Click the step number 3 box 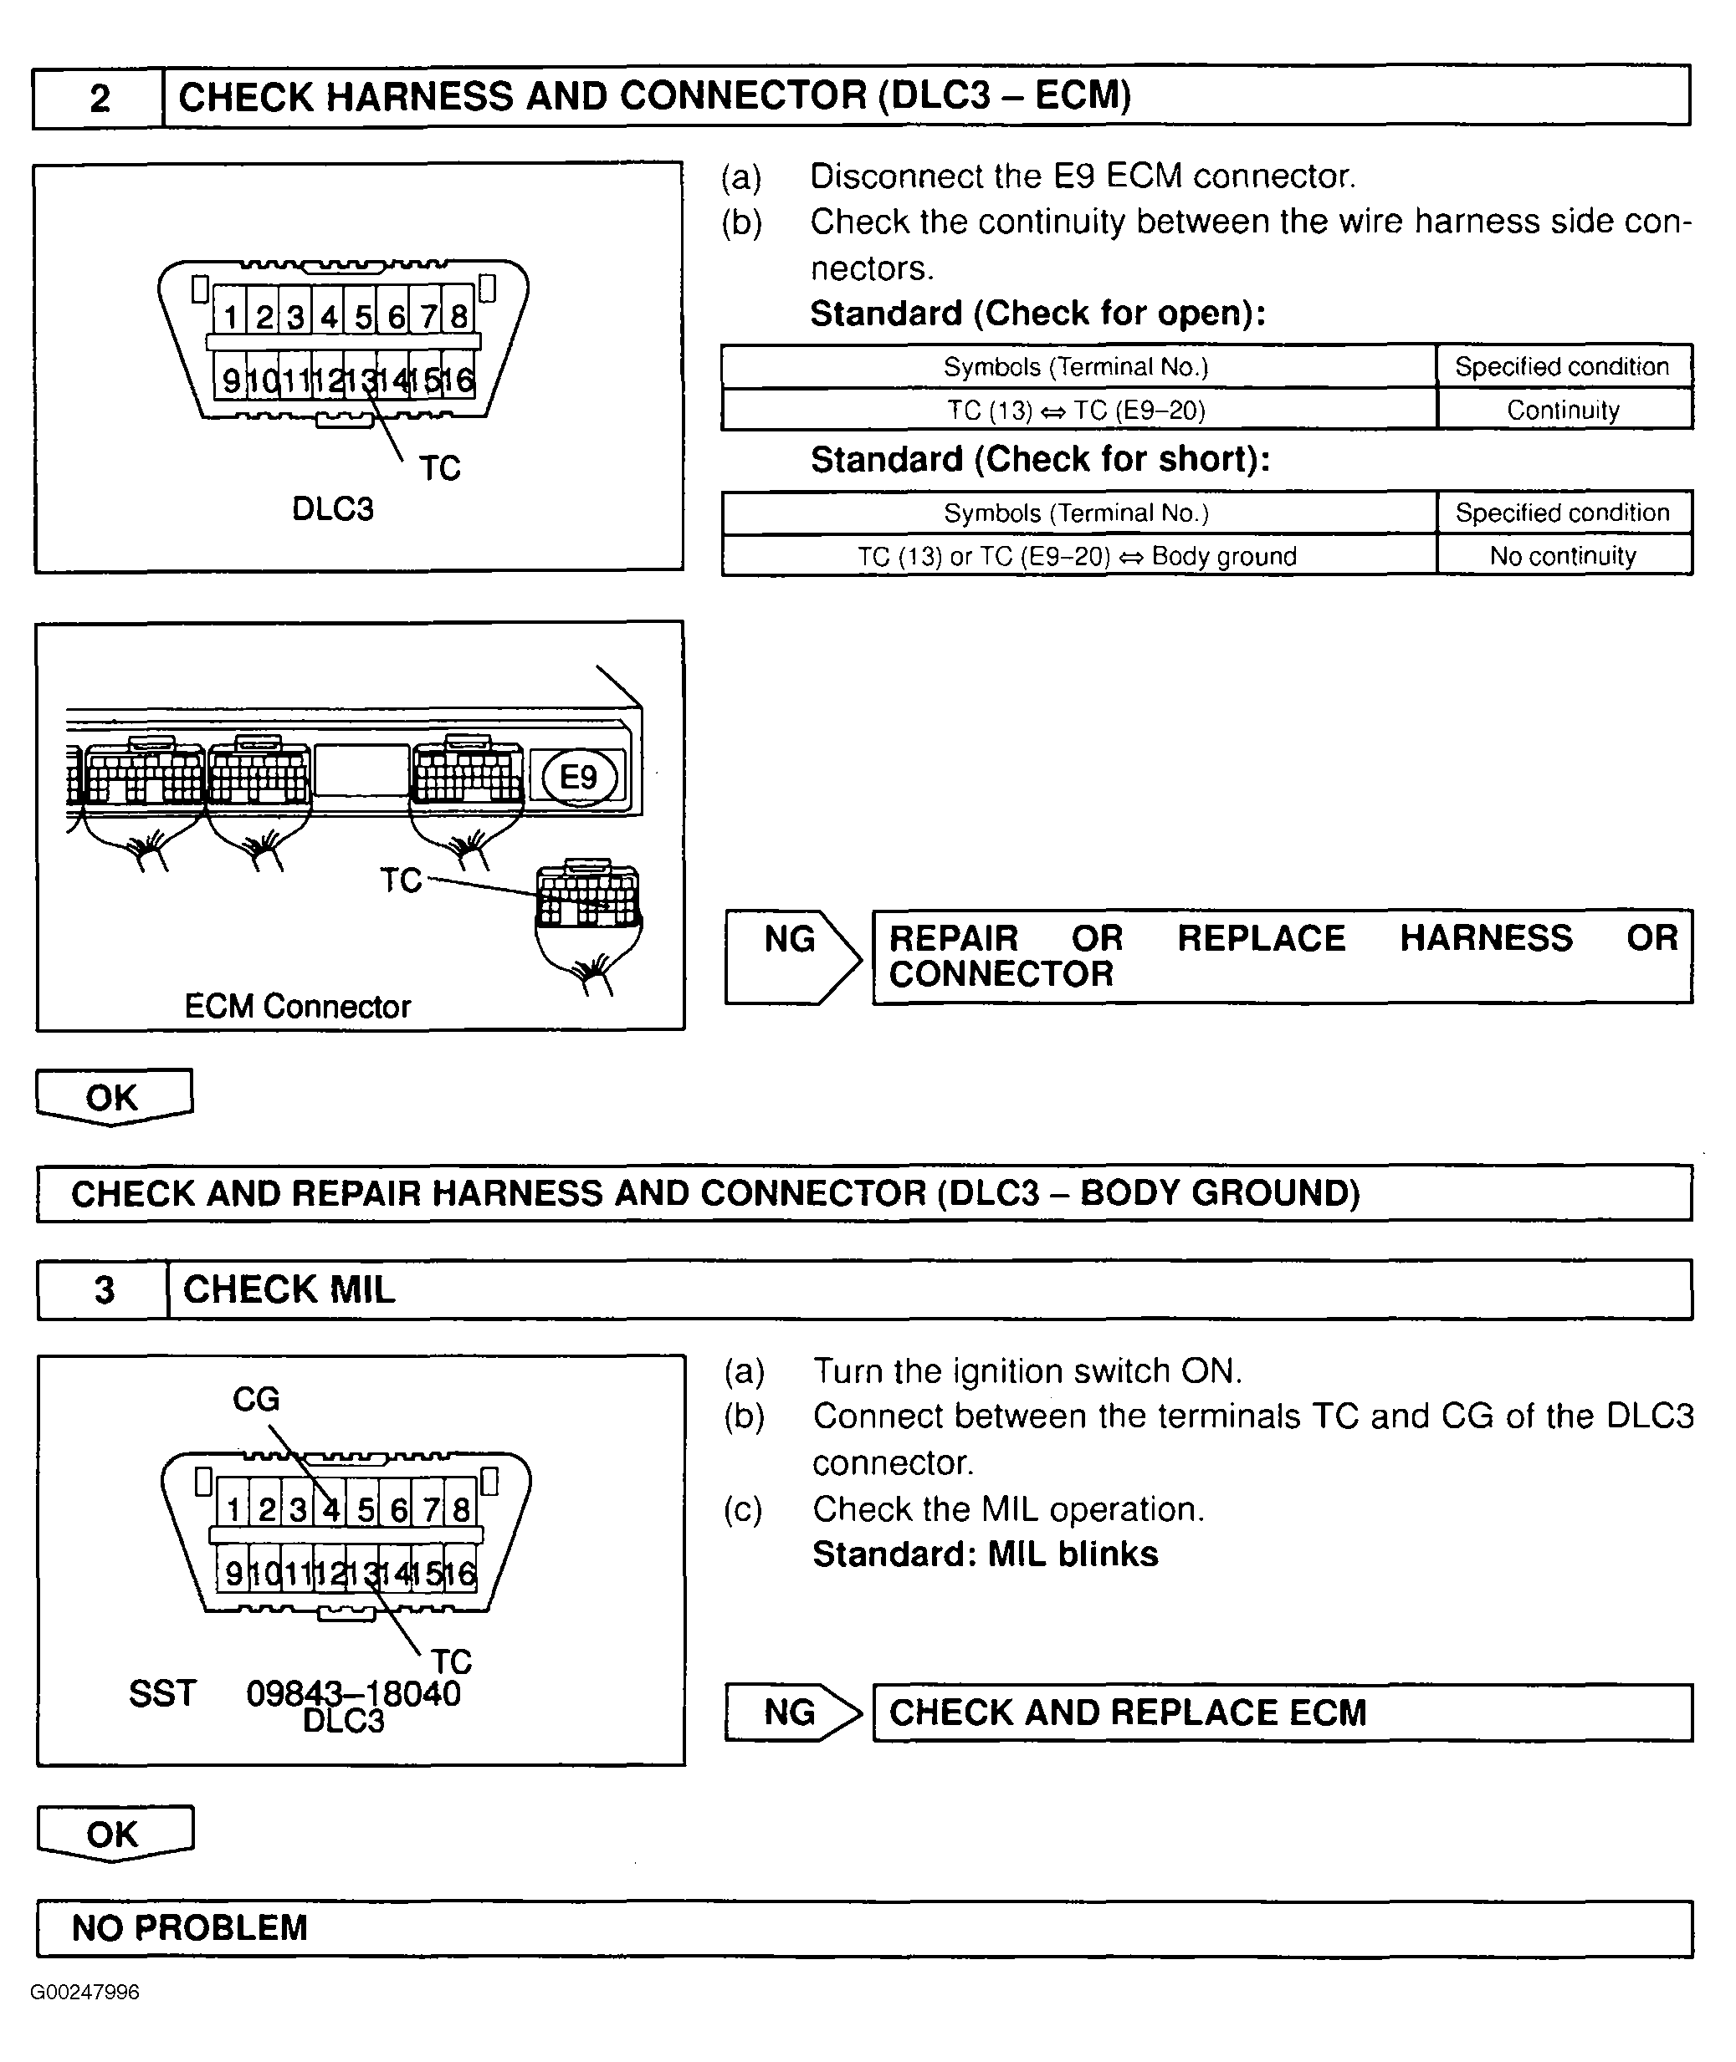tap(104, 1289)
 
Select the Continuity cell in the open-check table tap(1563, 411)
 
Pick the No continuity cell tap(1563, 556)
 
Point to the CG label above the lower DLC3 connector tap(256, 1399)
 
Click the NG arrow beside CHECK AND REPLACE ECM tap(791, 1712)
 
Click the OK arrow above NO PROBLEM tap(113, 1835)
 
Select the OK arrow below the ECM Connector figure tap(113, 1098)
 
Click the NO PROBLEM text tap(190, 1928)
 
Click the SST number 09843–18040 tap(353, 1694)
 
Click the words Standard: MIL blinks tap(985, 1554)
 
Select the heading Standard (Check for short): tap(1039, 459)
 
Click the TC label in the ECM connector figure tap(401, 880)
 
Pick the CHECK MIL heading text tap(289, 1289)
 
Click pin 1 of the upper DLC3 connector tap(230, 317)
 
